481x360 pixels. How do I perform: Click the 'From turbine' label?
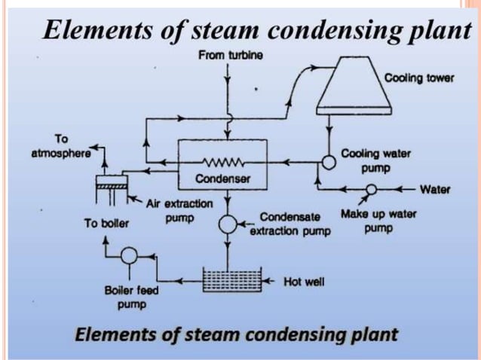click(230, 56)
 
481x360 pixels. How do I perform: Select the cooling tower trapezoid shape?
click(352, 83)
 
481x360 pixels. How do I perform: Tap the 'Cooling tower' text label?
click(419, 78)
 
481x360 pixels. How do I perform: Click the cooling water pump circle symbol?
click(329, 161)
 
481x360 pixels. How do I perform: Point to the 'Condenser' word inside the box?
click(222, 179)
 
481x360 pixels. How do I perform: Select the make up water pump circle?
click(371, 190)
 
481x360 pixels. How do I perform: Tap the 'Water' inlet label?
click(434, 189)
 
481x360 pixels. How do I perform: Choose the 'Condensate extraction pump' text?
click(290, 224)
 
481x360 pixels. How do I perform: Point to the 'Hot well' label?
click(304, 282)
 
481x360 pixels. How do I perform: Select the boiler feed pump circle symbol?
click(129, 256)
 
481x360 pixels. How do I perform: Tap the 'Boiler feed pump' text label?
click(126, 297)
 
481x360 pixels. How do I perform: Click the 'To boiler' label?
click(106, 223)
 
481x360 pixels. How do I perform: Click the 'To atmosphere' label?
click(61, 145)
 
